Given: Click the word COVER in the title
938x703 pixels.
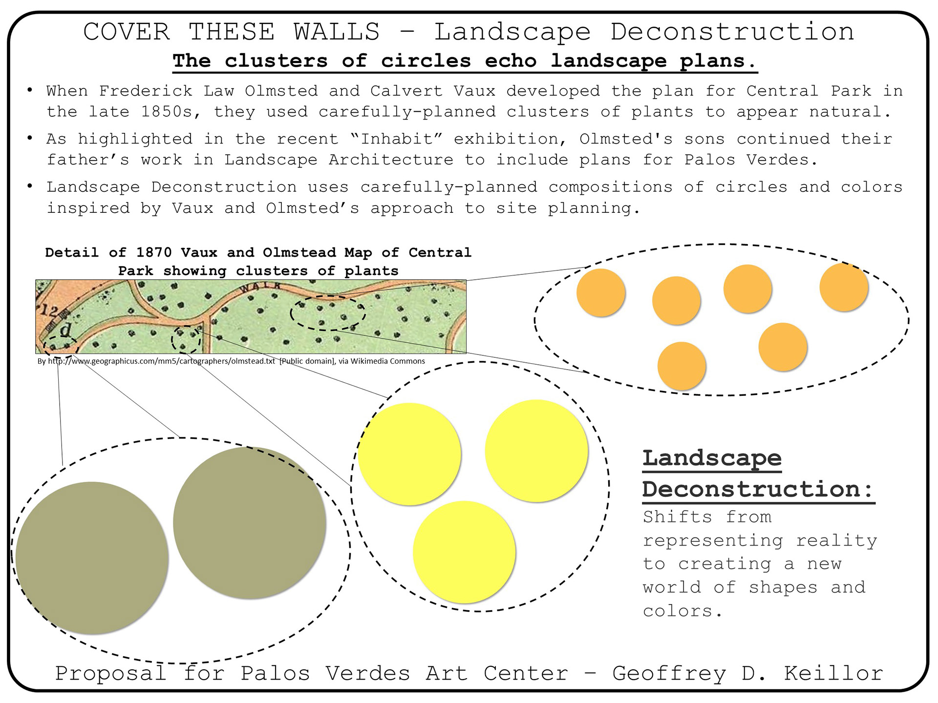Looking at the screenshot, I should [127, 32].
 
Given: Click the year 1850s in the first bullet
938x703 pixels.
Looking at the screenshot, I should [167, 112].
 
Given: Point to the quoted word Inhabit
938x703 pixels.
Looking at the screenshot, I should [397, 139].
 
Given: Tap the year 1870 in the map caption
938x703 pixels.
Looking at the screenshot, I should [154, 252].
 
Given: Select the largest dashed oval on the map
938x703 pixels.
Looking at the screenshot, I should [328, 313].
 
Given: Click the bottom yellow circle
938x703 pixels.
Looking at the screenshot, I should [464, 552].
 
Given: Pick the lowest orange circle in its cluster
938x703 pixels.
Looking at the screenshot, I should [682, 366].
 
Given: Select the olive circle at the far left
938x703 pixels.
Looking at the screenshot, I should [92, 558].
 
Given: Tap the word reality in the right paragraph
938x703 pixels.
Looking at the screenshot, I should [836, 541].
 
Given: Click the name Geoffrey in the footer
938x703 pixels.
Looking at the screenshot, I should [669, 674].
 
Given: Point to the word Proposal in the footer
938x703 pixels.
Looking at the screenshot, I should [111, 674].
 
